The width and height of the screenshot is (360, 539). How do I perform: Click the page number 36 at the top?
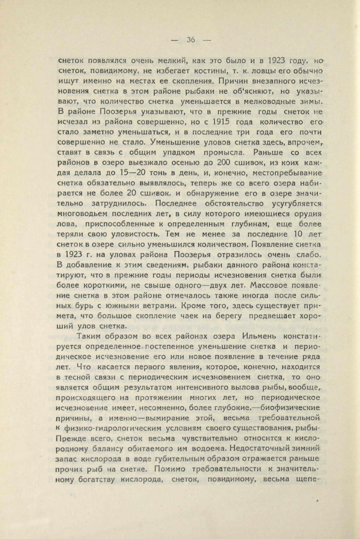tap(190, 39)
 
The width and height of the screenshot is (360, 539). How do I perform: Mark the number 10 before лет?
tap(298, 234)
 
